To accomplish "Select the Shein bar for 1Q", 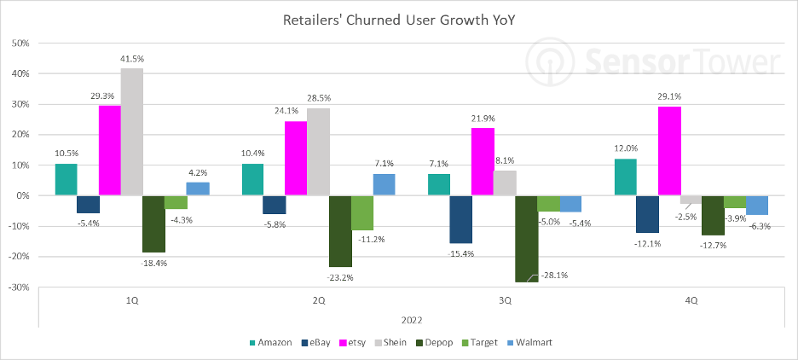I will point(131,131).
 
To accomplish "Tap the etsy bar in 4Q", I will point(669,151).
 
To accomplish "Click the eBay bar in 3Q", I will point(461,219).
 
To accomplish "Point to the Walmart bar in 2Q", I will point(384,184).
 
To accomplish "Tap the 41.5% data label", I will point(132,58).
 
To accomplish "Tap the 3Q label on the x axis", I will point(505,300).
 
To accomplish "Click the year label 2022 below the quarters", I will point(408,320).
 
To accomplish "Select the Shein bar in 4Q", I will point(691,199).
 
